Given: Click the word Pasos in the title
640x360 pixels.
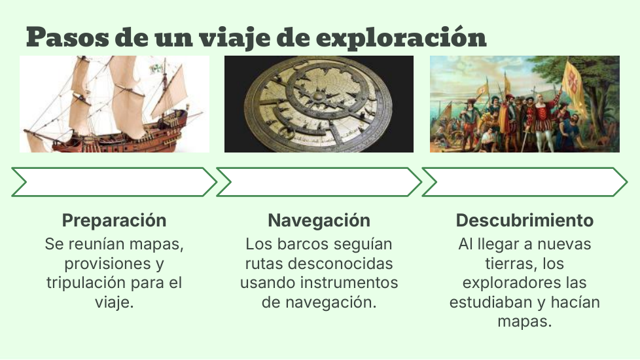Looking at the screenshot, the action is (67, 37).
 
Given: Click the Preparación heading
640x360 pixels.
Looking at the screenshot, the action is (115, 221).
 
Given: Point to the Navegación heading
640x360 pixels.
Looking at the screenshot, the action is (319, 221).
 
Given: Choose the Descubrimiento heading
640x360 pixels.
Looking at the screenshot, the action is (524, 221).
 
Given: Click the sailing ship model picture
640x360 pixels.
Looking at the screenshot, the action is (115, 104).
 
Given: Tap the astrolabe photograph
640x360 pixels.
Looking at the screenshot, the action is (319, 104).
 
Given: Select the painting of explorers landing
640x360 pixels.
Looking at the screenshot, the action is (524, 104).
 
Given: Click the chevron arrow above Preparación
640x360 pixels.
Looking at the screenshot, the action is (115, 182).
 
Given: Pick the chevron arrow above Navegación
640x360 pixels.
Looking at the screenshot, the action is (319, 182).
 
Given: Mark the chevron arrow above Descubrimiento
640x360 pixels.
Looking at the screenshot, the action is (524, 182).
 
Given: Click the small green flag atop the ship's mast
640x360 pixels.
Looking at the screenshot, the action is (156, 68).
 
